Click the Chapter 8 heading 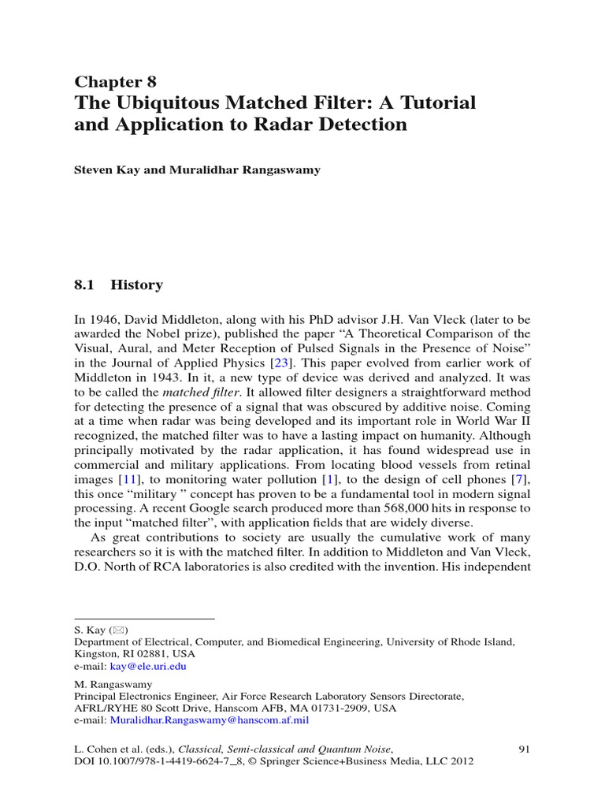115,82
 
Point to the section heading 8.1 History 118,285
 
